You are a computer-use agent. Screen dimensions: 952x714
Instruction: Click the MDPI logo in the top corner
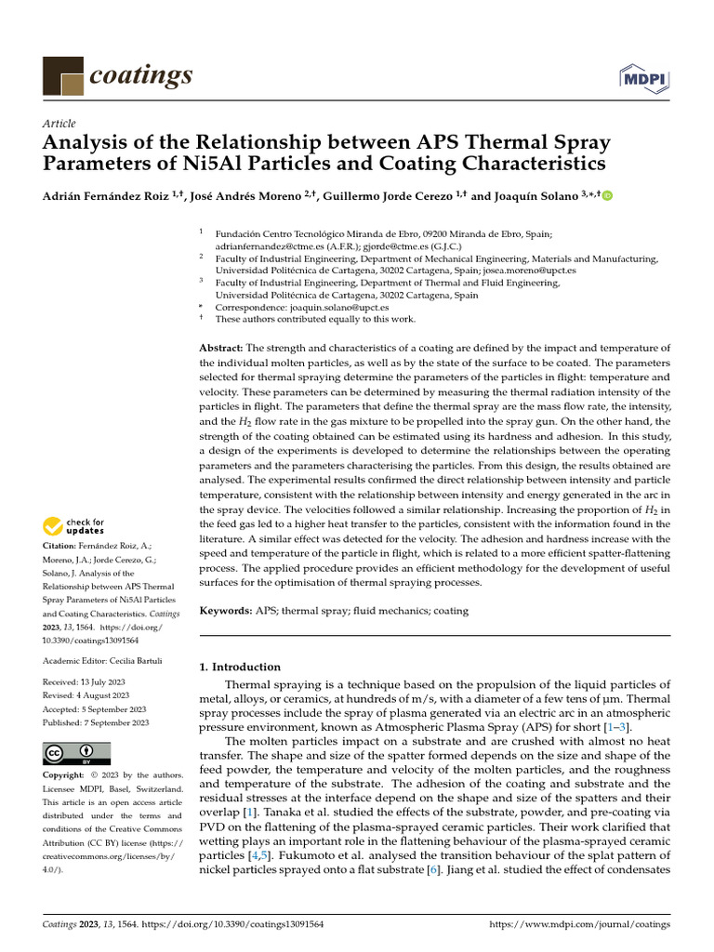[648, 78]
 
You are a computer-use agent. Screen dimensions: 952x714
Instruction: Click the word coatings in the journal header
[141, 74]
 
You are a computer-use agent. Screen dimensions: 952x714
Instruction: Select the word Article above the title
[59, 124]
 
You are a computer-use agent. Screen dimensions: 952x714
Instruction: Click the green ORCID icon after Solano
[609, 196]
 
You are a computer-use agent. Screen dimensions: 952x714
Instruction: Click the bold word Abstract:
[221, 347]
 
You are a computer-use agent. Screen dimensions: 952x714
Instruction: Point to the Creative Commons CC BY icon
[76, 753]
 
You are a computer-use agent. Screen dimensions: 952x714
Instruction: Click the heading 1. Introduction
[241, 667]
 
